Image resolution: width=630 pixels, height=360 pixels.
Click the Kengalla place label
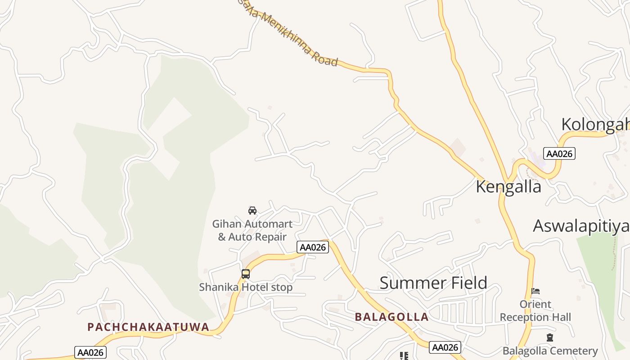pos(508,186)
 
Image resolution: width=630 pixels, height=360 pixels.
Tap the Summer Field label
pos(433,283)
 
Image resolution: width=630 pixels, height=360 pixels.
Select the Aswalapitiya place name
pos(581,226)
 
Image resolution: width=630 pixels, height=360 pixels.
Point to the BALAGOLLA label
pos(391,317)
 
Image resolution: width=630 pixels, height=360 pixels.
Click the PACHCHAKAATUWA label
pos(148,327)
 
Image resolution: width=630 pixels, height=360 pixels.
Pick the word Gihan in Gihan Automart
pos(226,224)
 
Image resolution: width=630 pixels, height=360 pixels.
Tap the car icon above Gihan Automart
pos(252,210)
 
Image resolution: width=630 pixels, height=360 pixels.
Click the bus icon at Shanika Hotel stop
pos(246,274)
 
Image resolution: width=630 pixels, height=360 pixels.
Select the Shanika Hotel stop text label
pos(246,287)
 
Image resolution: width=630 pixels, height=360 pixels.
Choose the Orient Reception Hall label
pos(535,311)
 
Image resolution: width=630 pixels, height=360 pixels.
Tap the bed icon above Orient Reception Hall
pos(535,292)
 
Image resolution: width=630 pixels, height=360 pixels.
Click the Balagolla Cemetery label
pos(550,351)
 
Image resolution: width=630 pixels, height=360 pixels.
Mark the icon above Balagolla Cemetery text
pos(549,337)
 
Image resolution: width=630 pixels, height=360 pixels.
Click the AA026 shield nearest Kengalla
pos(559,153)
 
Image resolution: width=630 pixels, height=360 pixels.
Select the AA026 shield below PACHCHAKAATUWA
pos(90,352)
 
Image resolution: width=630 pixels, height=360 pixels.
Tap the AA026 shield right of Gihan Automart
pos(313,247)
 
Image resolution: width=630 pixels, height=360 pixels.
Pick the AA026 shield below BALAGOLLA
pos(445,347)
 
